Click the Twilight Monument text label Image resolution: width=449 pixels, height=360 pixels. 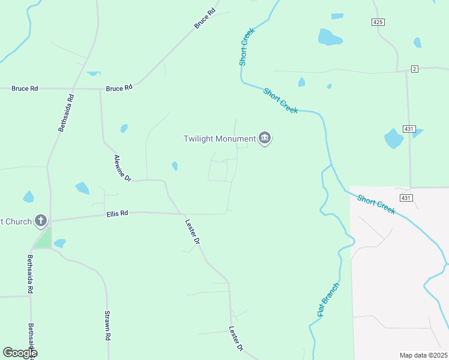pos(219,139)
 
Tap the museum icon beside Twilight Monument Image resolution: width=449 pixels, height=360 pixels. pos(265,139)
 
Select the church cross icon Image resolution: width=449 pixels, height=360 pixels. pos(41,221)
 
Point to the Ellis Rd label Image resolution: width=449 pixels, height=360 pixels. pos(117,213)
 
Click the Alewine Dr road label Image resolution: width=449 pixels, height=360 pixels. pos(122,168)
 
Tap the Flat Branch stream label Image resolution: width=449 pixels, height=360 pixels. pos(328,300)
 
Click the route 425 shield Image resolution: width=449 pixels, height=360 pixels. pos(377,22)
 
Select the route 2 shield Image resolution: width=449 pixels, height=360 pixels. pos(414,69)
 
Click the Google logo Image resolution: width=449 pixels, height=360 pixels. pos(19,353)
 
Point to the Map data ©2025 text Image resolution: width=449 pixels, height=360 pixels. pos(423,355)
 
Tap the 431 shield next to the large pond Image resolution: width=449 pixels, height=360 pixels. pos(409,129)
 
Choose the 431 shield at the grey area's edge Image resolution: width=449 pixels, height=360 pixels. pos(406,198)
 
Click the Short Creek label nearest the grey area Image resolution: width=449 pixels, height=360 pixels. pos(376,204)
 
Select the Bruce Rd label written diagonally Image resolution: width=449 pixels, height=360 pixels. pos(205,19)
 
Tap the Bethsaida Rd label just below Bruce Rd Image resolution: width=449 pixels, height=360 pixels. pos(65,113)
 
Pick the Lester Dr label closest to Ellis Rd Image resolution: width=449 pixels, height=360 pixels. pos(191,231)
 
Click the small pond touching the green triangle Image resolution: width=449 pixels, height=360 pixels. pos(59,243)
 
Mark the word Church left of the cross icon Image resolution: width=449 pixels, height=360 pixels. pos(16,221)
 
